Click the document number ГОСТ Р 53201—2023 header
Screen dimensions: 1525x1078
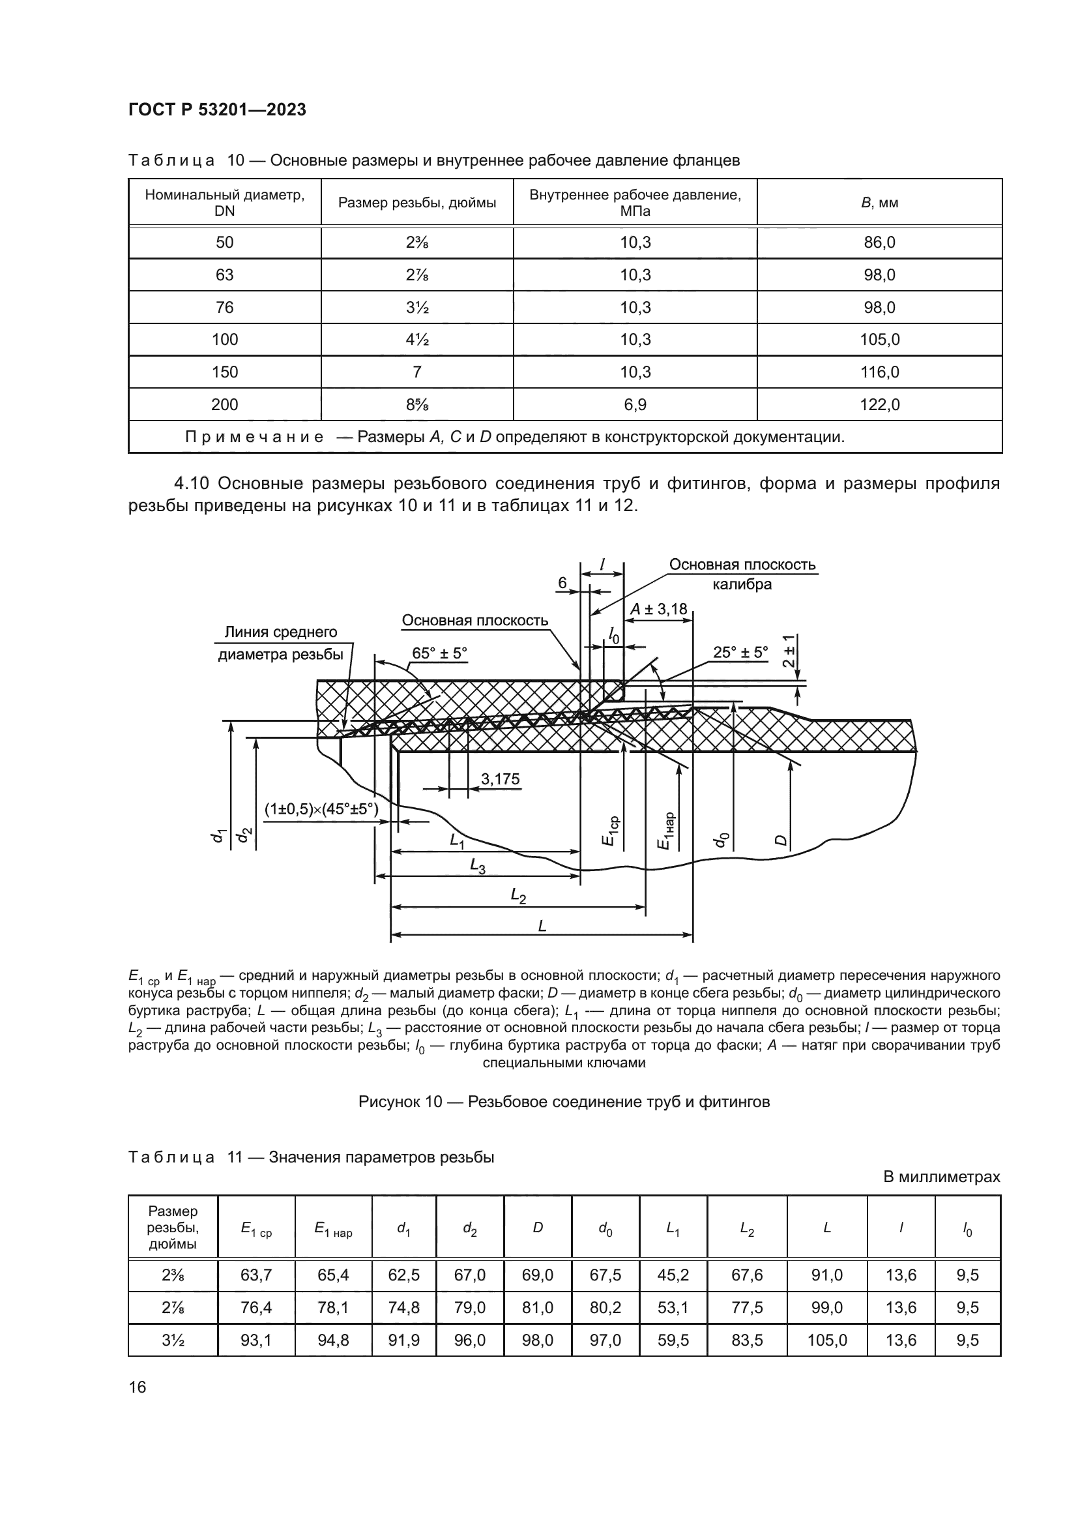tap(217, 110)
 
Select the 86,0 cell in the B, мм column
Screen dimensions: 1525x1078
tap(879, 243)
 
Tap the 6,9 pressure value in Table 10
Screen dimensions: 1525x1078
tap(635, 404)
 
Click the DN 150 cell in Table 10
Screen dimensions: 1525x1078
tap(224, 372)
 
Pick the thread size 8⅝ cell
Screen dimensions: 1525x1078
tap(417, 404)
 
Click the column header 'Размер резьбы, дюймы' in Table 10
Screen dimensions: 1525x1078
tap(417, 203)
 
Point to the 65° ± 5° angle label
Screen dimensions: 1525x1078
tap(439, 653)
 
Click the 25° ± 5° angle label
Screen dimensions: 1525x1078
tap(740, 652)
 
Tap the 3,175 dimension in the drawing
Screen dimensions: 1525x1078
tap(500, 779)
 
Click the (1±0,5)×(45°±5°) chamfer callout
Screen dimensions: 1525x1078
tap(321, 810)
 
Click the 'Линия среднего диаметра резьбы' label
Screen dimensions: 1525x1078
tap(281, 643)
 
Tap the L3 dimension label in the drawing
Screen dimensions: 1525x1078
tap(477, 865)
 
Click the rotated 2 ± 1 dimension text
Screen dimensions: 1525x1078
tap(788, 651)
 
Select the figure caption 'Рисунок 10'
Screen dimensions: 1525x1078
tap(564, 1102)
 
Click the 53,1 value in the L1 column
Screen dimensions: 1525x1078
tap(673, 1308)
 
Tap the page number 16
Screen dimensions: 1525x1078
tap(138, 1387)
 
